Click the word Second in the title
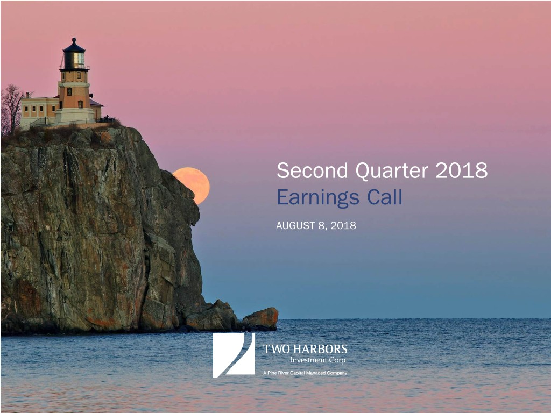pos(312,170)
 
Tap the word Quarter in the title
pos(392,171)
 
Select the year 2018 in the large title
pos(461,170)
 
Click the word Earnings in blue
pos(317,198)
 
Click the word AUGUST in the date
pos(295,225)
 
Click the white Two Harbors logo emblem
pos(234,355)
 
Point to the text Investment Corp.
pos(319,360)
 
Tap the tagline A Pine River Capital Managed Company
pos(305,373)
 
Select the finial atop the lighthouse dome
pos(74,40)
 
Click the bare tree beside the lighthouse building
pos(11,108)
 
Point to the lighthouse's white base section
pos(74,116)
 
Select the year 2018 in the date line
pos(343,225)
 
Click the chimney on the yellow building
pos(27,95)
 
